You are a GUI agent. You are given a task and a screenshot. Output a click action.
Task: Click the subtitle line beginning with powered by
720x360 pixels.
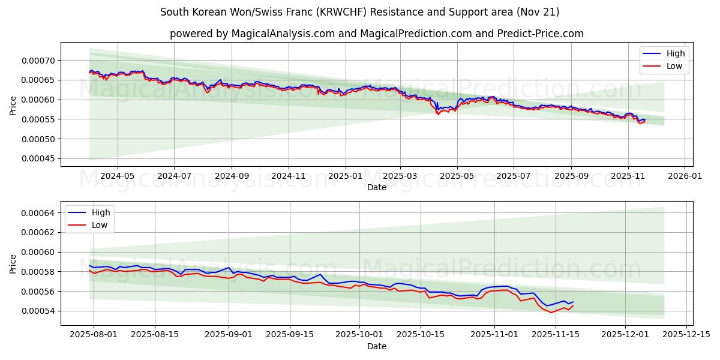pos(377,34)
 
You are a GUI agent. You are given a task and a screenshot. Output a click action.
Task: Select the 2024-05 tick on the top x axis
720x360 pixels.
pos(117,176)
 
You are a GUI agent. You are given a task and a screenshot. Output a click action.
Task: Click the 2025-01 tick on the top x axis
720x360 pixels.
pos(346,176)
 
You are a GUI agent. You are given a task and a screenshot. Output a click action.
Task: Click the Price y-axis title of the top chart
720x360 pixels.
pos(13,106)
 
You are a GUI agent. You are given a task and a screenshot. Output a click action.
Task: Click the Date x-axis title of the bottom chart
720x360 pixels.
pos(377,346)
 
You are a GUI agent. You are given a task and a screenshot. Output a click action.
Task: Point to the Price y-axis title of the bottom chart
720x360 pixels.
pos(13,264)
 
